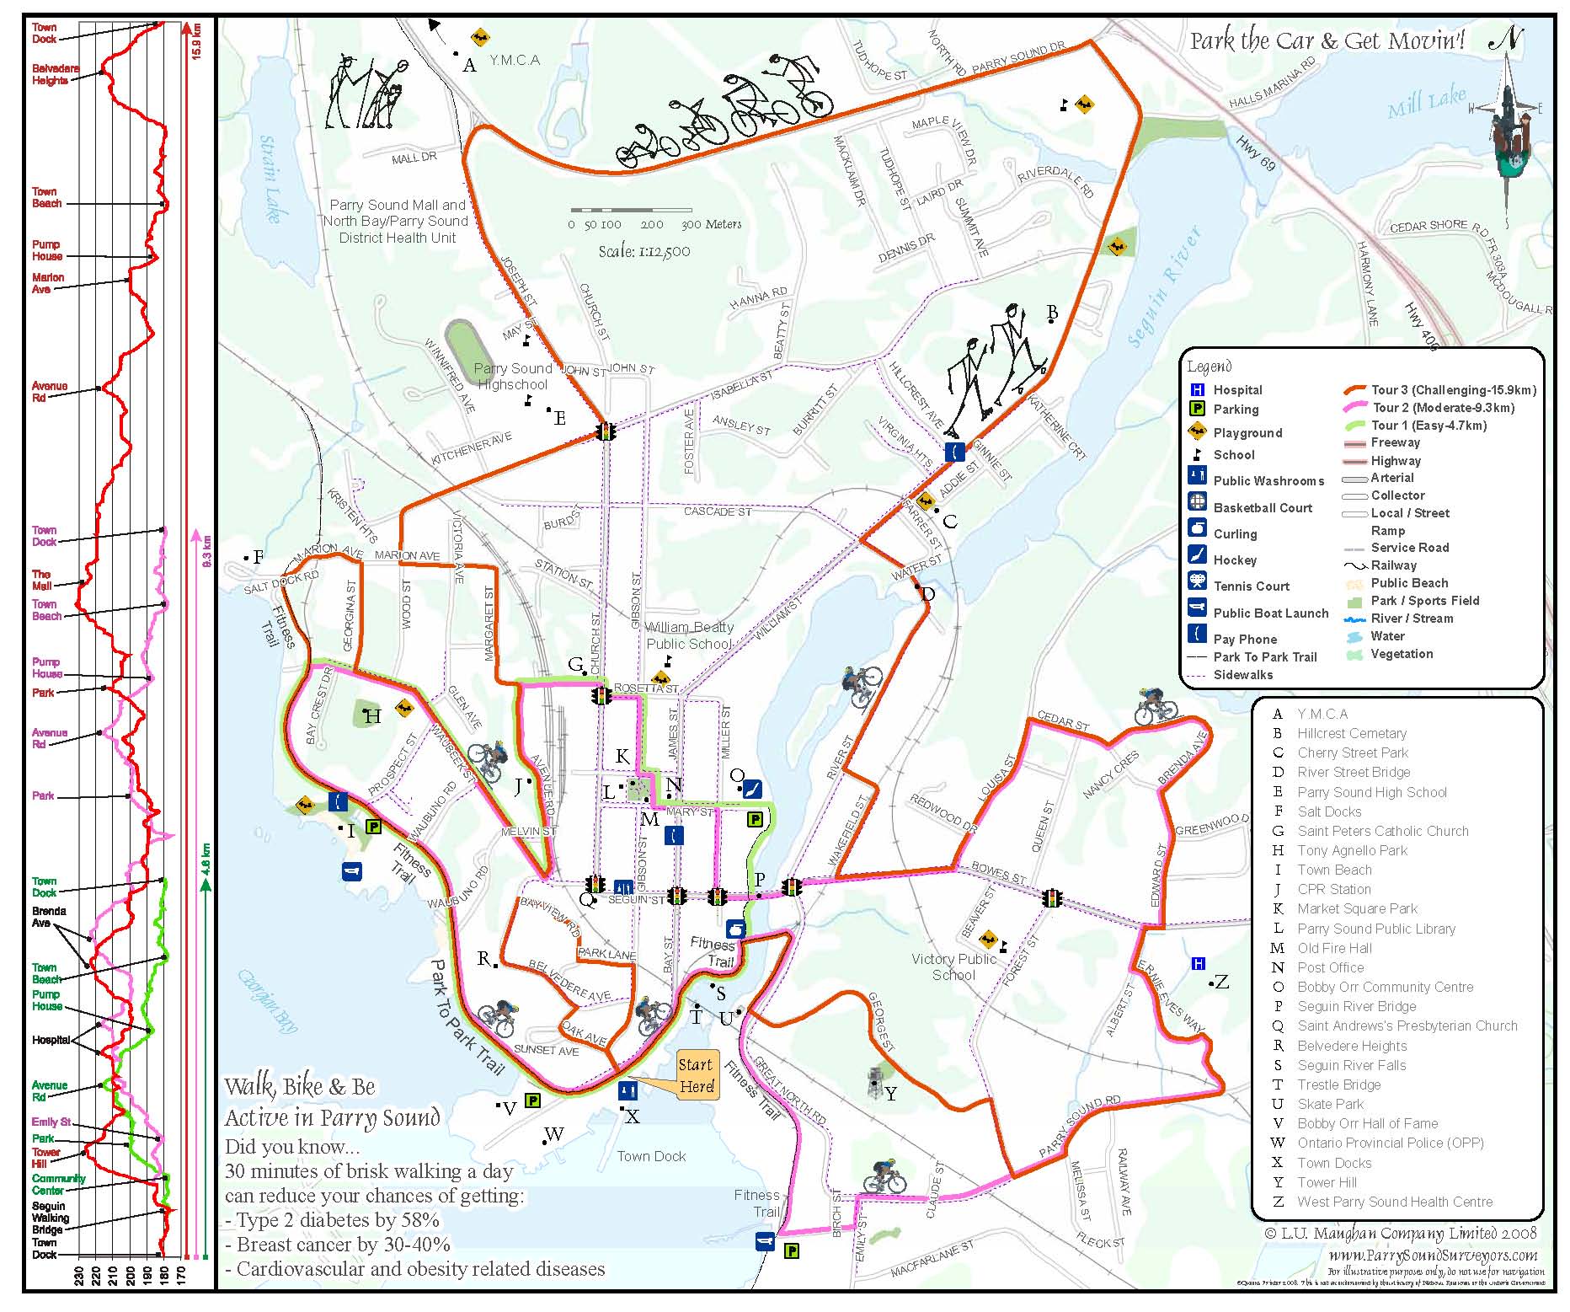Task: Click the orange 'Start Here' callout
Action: coord(696,1075)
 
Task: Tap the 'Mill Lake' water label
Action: coord(1426,102)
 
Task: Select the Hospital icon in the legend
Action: coord(1197,389)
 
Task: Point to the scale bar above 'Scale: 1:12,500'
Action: coord(631,210)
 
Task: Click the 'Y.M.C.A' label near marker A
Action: coord(514,61)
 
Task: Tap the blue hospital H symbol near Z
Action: coord(1199,963)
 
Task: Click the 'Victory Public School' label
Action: coord(953,967)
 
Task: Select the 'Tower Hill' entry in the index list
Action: coord(1327,1182)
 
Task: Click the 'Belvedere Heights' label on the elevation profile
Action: coord(56,74)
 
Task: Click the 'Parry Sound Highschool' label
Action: coord(512,377)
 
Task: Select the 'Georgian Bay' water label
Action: coord(266,1002)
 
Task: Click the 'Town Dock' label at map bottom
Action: coord(651,1156)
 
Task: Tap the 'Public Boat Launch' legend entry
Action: coord(1270,613)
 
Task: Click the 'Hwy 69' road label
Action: coord(1255,153)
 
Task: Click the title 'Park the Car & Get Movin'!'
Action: coord(1327,40)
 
